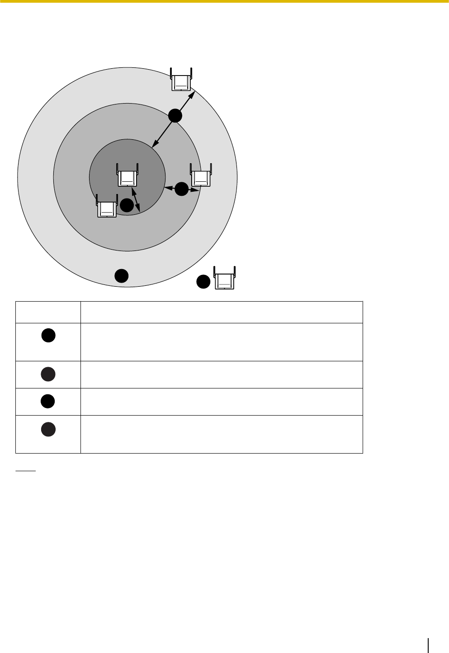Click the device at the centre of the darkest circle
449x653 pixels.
pos(128,175)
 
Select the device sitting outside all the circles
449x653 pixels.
pos(225,278)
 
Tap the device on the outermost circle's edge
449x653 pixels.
pos(181,80)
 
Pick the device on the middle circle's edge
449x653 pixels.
pos(201,174)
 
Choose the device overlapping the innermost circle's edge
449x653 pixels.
pos(107,206)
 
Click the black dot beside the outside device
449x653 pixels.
pos(203,281)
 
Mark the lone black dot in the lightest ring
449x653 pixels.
pos(121,275)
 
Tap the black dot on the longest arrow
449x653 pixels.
pos(175,116)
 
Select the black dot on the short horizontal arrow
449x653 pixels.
pos(181,189)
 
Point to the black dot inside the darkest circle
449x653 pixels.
pos(127,205)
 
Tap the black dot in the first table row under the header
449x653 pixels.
pos(48,335)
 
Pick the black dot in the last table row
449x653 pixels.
pos(48,429)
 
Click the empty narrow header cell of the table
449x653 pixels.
pos(48,312)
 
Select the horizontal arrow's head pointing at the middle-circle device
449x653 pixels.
pos(197,190)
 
